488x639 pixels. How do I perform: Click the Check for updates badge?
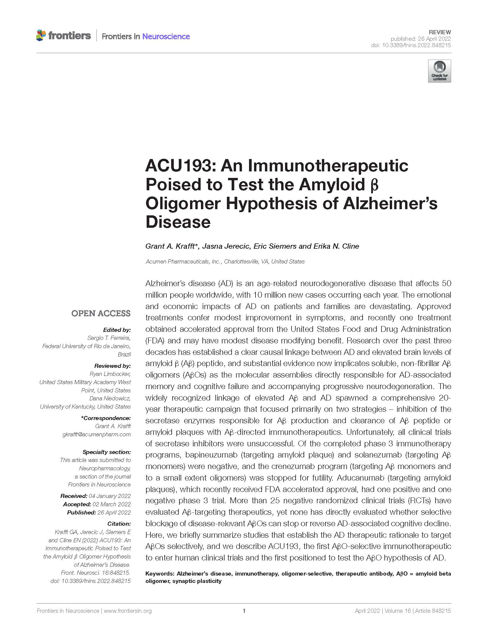[x=439, y=71]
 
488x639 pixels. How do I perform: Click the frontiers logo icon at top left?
[x=41, y=35]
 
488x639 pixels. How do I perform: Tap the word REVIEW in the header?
[x=440, y=32]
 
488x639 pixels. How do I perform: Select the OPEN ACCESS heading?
[x=101, y=313]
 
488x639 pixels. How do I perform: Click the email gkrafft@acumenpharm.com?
[x=96, y=434]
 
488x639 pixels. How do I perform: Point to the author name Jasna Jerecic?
[x=226, y=246]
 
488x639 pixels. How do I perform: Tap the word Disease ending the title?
[x=178, y=222]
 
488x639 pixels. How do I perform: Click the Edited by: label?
[x=117, y=330]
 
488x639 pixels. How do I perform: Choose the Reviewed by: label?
[x=112, y=366]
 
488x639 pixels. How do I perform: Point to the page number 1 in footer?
[x=244, y=611]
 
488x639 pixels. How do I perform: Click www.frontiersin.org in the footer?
[x=128, y=611]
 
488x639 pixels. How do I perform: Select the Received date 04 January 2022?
[x=110, y=496]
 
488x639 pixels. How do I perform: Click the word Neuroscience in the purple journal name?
[x=166, y=36]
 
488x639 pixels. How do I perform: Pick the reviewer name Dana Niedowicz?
[x=110, y=398]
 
